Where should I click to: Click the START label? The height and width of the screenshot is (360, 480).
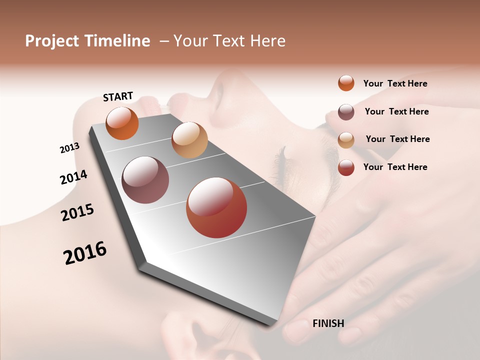(118, 96)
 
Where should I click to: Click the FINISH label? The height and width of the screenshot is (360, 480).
(328, 323)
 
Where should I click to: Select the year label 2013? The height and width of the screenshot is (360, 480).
(69, 148)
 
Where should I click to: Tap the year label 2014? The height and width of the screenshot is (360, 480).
(73, 177)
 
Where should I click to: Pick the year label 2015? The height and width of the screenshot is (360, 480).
(77, 212)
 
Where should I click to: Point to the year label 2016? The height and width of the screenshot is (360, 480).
(85, 252)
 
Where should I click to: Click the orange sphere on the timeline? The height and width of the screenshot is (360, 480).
(122, 123)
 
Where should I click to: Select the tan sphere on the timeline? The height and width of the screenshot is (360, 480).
(189, 140)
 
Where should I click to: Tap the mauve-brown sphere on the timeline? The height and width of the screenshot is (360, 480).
(145, 180)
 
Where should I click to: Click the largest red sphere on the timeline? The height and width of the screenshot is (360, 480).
(216, 207)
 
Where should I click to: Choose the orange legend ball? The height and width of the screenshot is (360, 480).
(346, 83)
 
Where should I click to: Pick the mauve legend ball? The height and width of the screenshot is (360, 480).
(346, 111)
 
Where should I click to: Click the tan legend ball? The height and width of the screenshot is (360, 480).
(346, 139)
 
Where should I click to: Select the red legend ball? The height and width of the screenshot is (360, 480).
(346, 167)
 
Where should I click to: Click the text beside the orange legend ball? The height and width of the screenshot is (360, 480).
(395, 83)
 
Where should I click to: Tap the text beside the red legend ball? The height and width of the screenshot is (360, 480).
(395, 167)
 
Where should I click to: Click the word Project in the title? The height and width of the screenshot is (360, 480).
(52, 41)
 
